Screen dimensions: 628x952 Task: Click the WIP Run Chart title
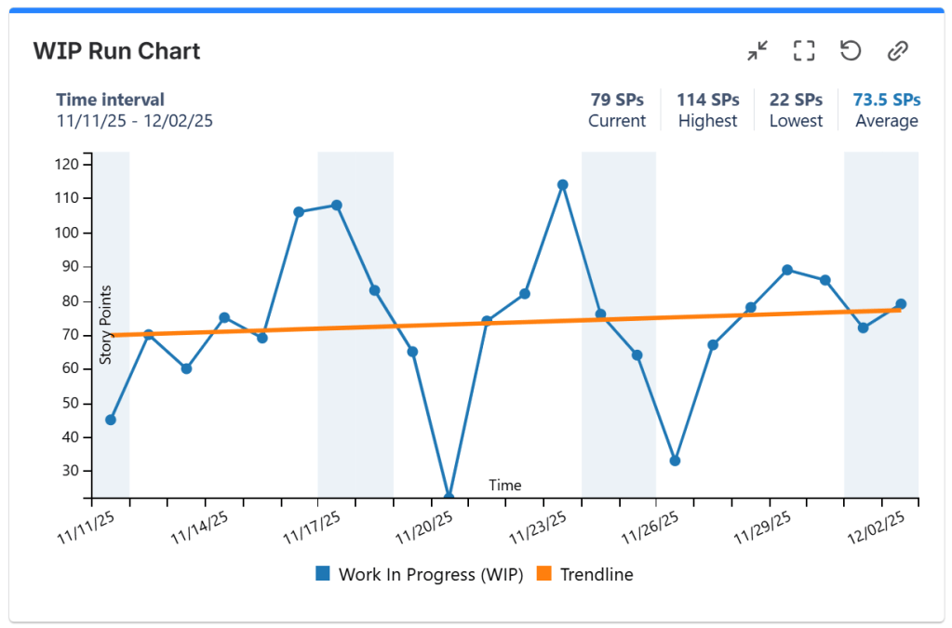point(116,50)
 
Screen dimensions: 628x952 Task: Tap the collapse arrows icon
point(758,51)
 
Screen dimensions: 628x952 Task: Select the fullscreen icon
point(804,51)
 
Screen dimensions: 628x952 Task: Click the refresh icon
point(851,50)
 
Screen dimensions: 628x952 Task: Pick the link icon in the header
point(897,51)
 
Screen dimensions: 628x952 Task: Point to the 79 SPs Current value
point(617,100)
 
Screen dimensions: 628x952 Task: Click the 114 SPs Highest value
point(707,100)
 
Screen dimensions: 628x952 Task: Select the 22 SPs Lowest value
point(796,100)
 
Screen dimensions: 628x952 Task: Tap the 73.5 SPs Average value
point(887,100)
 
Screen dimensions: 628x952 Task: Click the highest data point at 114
point(562,184)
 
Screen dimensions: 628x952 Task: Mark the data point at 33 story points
point(675,461)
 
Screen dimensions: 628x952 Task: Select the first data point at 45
point(111,420)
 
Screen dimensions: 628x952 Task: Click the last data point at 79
point(901,304)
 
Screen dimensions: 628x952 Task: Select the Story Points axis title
point(106,325)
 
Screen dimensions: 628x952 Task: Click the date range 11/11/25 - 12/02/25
point(135,121)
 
